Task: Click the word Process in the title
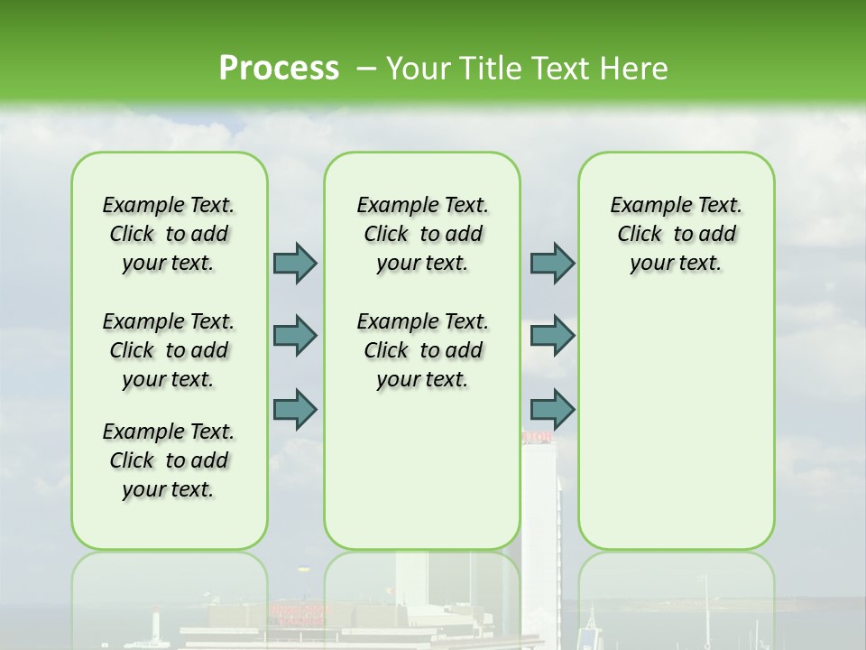pos(279,69)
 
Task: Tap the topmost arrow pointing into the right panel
pos(552,263)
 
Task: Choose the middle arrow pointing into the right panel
pos(552,336)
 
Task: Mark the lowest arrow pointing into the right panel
pos(552,409)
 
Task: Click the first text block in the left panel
pos(168,234)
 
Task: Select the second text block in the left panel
pos(168,350)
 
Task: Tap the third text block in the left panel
pos(168,460)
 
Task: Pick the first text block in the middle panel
pos(422,234)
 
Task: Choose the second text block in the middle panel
pos(422,350)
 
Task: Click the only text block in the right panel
pos(676,234)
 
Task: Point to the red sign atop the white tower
pos(538,438)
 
